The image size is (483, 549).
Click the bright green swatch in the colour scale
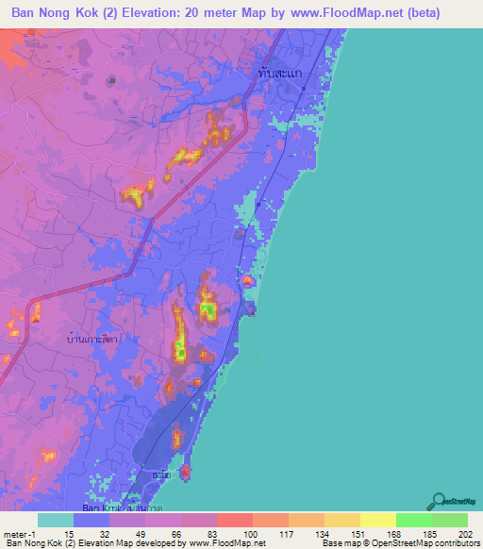tap(414, 520)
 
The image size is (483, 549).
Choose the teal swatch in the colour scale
tap(56, 520)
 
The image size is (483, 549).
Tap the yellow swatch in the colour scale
tap(378, 520)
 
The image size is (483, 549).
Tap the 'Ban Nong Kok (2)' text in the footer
tap(39, 543)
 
